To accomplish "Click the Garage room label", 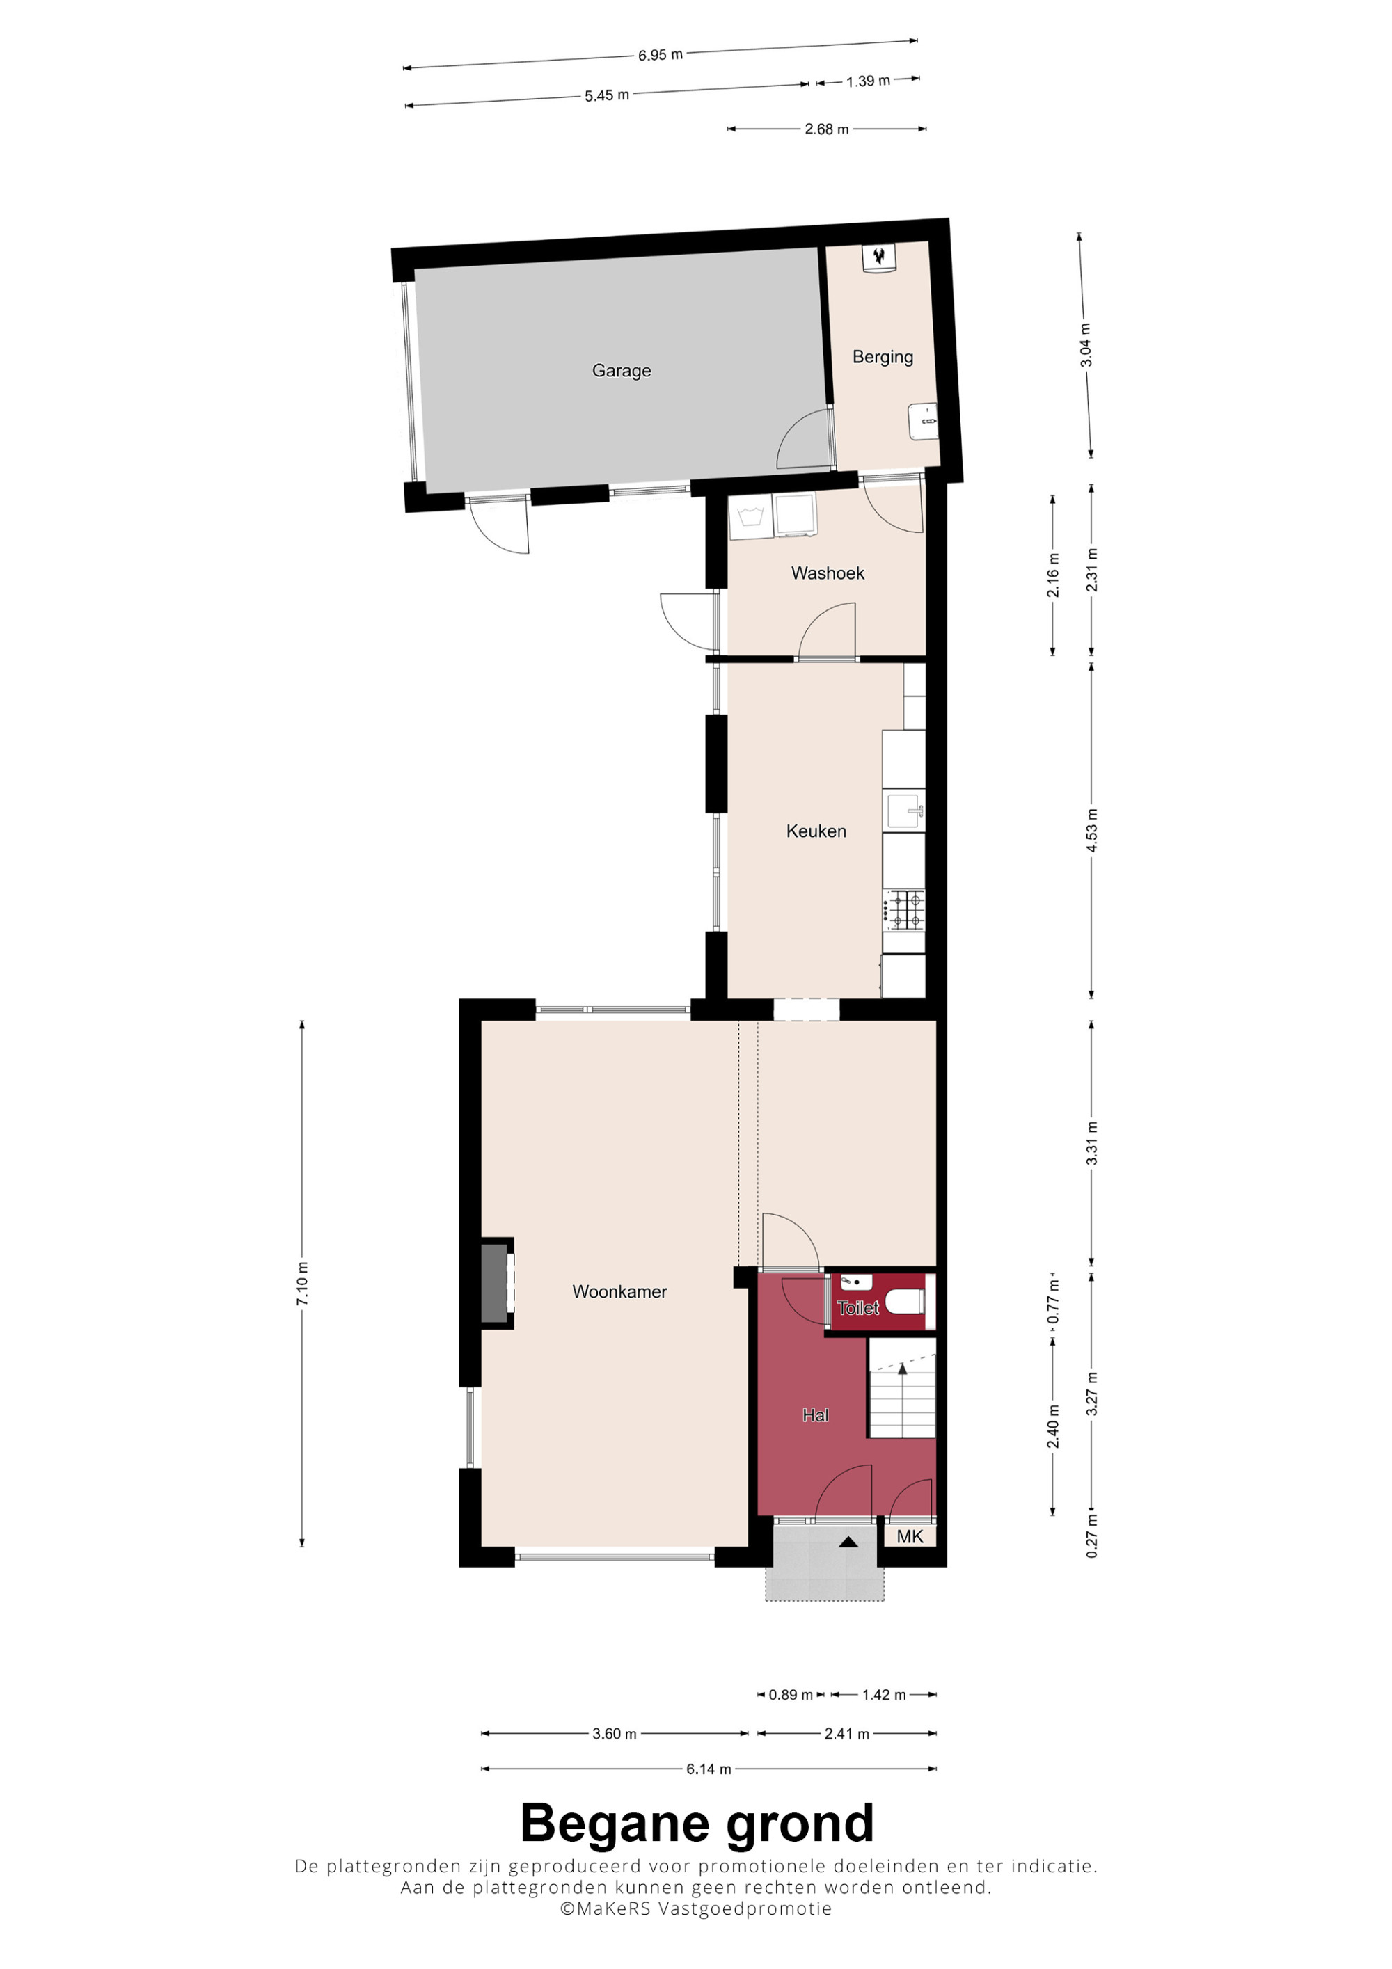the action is [621, 370].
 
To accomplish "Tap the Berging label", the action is [882, 357].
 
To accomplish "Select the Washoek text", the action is [827, 573].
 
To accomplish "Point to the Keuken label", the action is [816, 831].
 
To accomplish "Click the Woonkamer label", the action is [619, 1291].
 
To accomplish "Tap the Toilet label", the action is [857, 1308].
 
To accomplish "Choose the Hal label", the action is [815, 1415].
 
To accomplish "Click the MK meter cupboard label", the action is [909, 1536].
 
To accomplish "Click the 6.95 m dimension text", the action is [660, 55].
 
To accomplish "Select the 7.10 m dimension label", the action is [302, 1284].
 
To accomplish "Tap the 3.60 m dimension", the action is [614, 1734].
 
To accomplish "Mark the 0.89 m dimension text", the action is [790, 1695].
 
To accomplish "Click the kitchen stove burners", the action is [905, 910].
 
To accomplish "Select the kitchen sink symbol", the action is [905, 811].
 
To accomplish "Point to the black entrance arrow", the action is [848, 1541].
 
